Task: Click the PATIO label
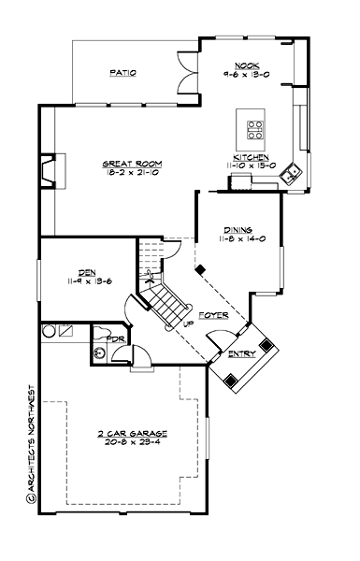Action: (x=123, y=72)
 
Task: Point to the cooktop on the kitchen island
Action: (x=252, y=129)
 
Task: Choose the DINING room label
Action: (x=237, y=230)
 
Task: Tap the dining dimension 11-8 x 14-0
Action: (x=237, y=238)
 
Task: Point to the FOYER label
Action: (x=213, y=316)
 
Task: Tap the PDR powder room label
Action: (x=116, y=338)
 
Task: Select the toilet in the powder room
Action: (x=99, y=352)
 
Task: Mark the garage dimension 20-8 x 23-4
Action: (x=131, y=443)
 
